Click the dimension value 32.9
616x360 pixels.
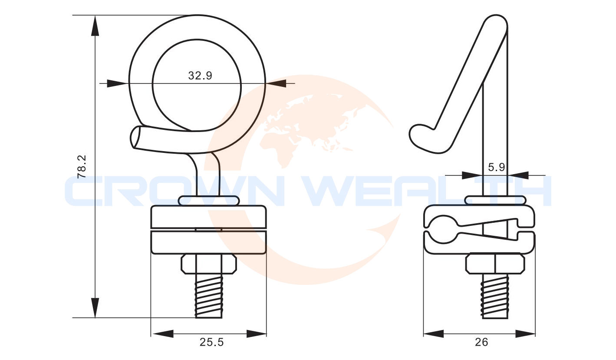coord(200,76)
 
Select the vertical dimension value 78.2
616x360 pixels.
coord(82,167)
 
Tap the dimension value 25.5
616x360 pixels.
coord(211,342)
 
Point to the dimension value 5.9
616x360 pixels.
coord(496,167)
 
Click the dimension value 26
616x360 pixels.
coord(481,342)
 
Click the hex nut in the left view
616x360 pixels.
coord(209,264)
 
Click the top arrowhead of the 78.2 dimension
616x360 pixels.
coord(95,25)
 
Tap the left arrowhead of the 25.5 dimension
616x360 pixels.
coord(161,334)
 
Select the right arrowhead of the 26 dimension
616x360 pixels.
coord(525,334)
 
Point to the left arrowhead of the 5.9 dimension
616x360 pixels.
coord(472,175)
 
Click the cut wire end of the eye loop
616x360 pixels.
coord(135,137)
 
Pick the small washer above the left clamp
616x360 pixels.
coord(209,200)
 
